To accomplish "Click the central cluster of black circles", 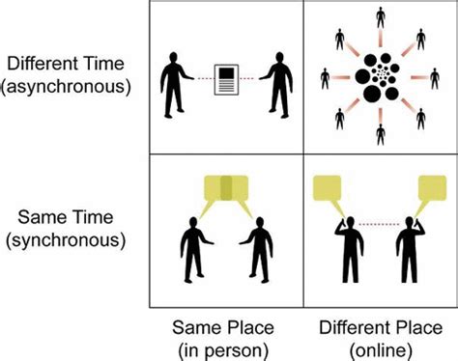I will [x=380, y=77].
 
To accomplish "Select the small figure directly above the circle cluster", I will [x=380, y=20].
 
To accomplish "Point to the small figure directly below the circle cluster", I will [x=380, y=135].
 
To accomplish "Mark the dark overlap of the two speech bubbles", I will [x=226, y=187].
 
